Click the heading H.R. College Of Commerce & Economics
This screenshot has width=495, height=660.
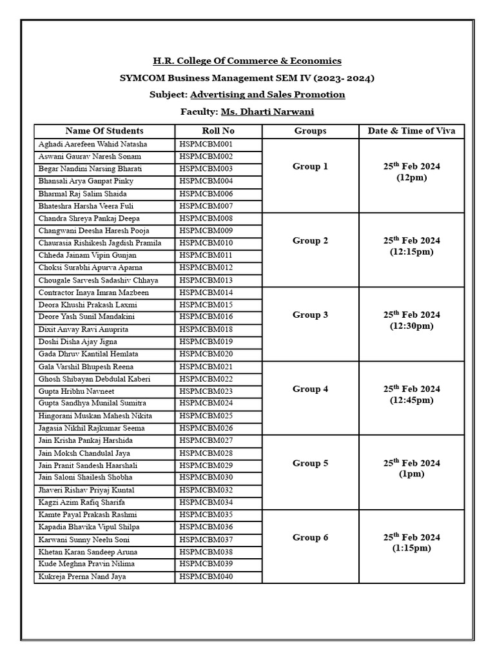[247, 61]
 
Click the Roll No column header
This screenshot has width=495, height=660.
[218, 130]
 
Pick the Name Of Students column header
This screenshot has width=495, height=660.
[104, 130]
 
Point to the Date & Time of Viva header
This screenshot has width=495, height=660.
[411, 130]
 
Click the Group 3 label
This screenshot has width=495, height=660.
[310, 315]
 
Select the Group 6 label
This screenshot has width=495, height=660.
[310, 537]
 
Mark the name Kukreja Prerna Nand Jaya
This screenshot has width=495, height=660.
[82, 577]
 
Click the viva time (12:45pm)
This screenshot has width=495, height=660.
[411, 400]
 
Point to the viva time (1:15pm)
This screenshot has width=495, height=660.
[411, 548]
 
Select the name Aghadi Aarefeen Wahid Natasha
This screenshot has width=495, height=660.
[93, 144]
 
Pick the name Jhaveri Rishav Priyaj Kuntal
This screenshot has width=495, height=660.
[86, 490]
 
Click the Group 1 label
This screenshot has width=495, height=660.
[310, 166]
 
